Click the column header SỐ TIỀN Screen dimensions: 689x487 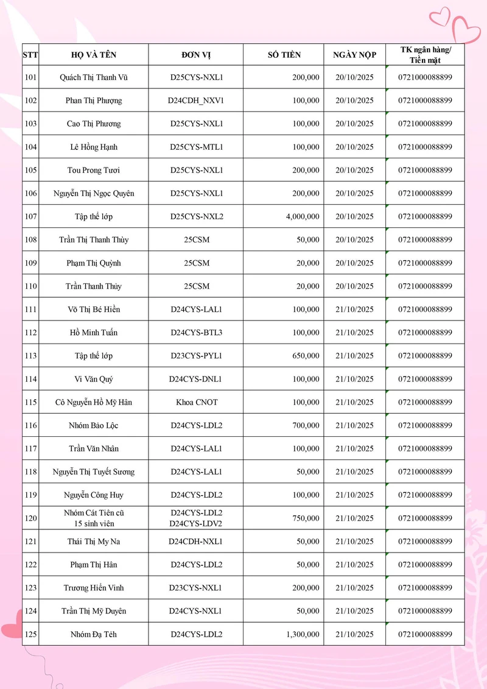pos(284,55)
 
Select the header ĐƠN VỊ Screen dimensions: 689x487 pos(196,55)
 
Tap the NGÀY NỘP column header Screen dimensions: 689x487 pos(354,55)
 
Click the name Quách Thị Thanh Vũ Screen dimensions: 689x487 pos(94,77)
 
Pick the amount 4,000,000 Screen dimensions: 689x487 pos(299,216)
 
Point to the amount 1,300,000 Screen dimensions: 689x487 pos(302,634)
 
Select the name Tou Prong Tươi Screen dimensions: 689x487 pos(94,170)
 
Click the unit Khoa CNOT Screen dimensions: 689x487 pos(196,402)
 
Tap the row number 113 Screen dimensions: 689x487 pos(30,356)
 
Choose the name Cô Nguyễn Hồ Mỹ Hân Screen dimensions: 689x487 pos(94,402)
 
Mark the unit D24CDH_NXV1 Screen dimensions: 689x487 pos(196,101)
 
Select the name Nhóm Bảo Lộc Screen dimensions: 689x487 pos(94,425)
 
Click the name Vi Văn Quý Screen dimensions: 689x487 pos(94,379)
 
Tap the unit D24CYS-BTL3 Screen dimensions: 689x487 pos(196,333)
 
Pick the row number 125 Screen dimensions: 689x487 pos(30,634)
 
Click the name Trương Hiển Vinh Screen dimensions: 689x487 pos(94,588)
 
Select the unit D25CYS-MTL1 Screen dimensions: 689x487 pos(196,147)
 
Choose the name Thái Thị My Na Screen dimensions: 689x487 pos(94,542)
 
